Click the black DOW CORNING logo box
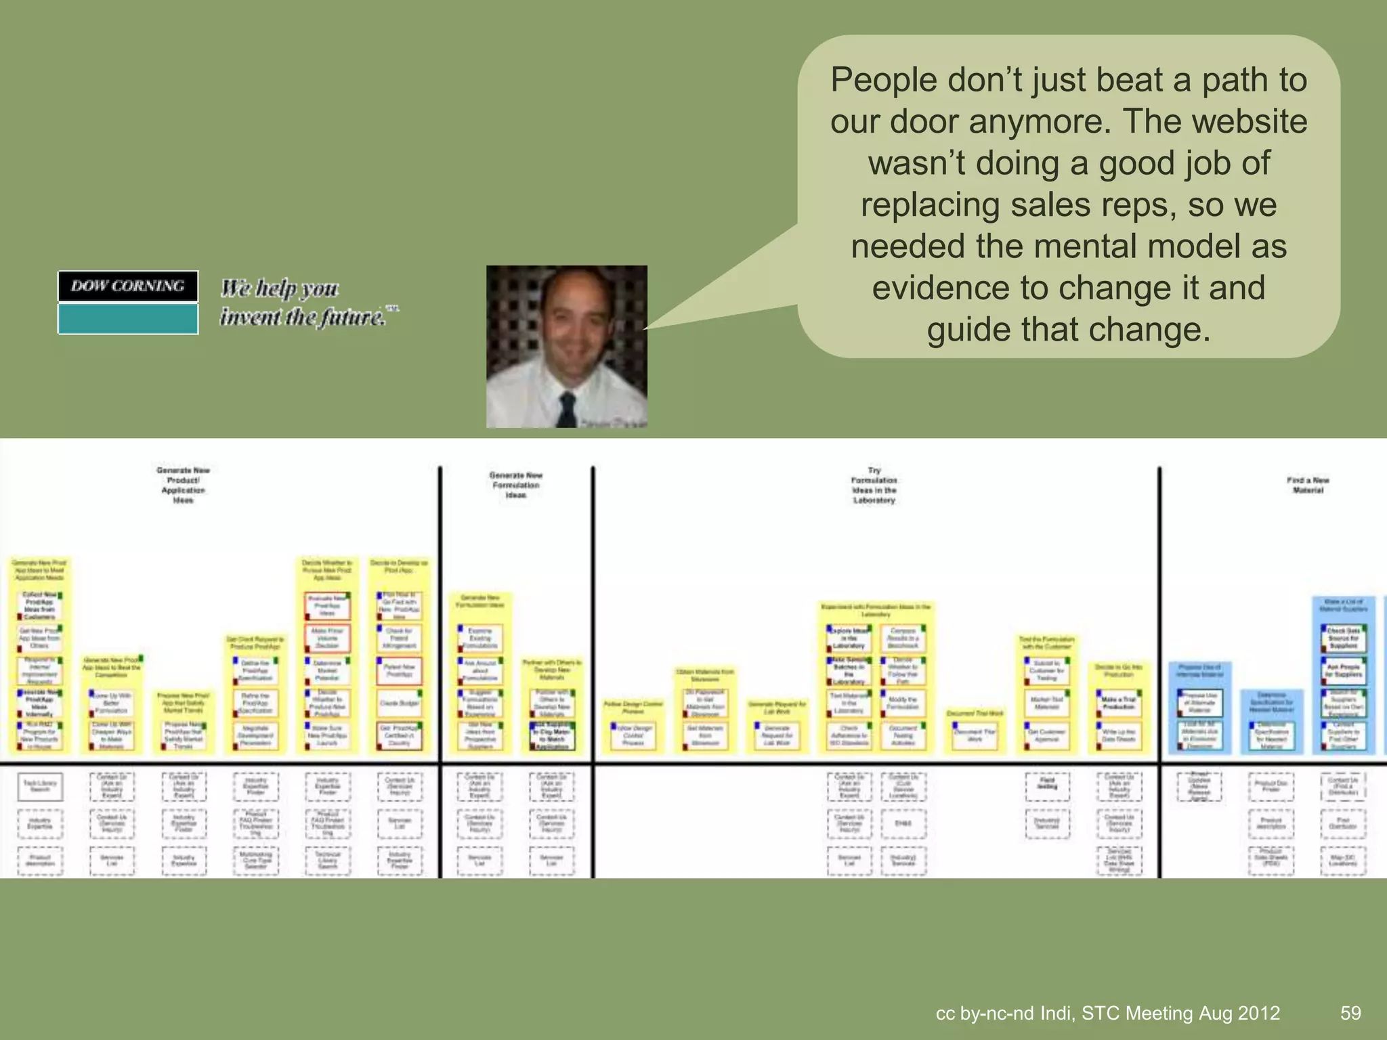point(128,286)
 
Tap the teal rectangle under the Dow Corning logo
point(128,318)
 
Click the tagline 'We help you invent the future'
point(308,302)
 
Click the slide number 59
point(1350,1013)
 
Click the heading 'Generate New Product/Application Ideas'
point(184,485)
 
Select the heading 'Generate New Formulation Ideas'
point(516,485)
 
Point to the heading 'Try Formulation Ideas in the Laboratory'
point(874,485)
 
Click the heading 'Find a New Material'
point(1308,485)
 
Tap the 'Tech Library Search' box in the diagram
point(40,786)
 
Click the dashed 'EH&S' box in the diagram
point(903,824)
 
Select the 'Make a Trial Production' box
point(1118,703)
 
